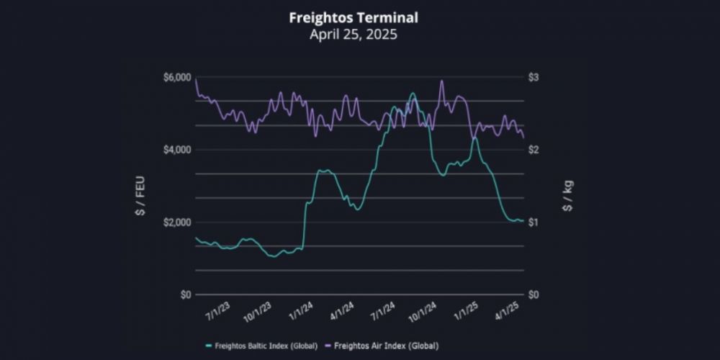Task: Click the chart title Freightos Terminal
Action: click(353, 17)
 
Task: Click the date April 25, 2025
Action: click(353, 34)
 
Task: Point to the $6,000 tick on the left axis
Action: click(176, 77)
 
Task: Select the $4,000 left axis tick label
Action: click(176, 150)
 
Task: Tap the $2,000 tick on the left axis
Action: click(176, 222)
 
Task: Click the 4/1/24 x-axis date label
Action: click(342, 312)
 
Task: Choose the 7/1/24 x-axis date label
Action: click(383, 312)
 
